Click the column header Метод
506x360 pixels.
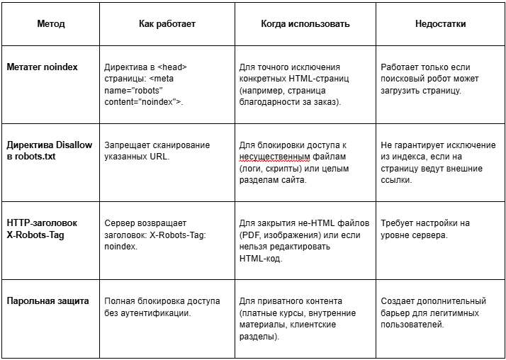click(x=51, y=23)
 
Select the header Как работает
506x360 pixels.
click(x=167, y=23)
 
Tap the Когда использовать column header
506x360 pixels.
click(x=305, y=23)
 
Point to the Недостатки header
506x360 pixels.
click(x=440, y=23)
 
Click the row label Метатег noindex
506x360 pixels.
click(x=43, y=67)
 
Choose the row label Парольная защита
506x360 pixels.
click(x=48, y=301)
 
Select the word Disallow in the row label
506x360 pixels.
click(x=72, y=145)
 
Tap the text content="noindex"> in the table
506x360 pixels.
click(x=144, y=102)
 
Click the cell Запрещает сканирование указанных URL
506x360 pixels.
click(x=157, y=151)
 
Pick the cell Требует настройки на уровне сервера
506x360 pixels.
click(x=425, y=229)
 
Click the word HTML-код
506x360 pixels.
click(x=262, y=259)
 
